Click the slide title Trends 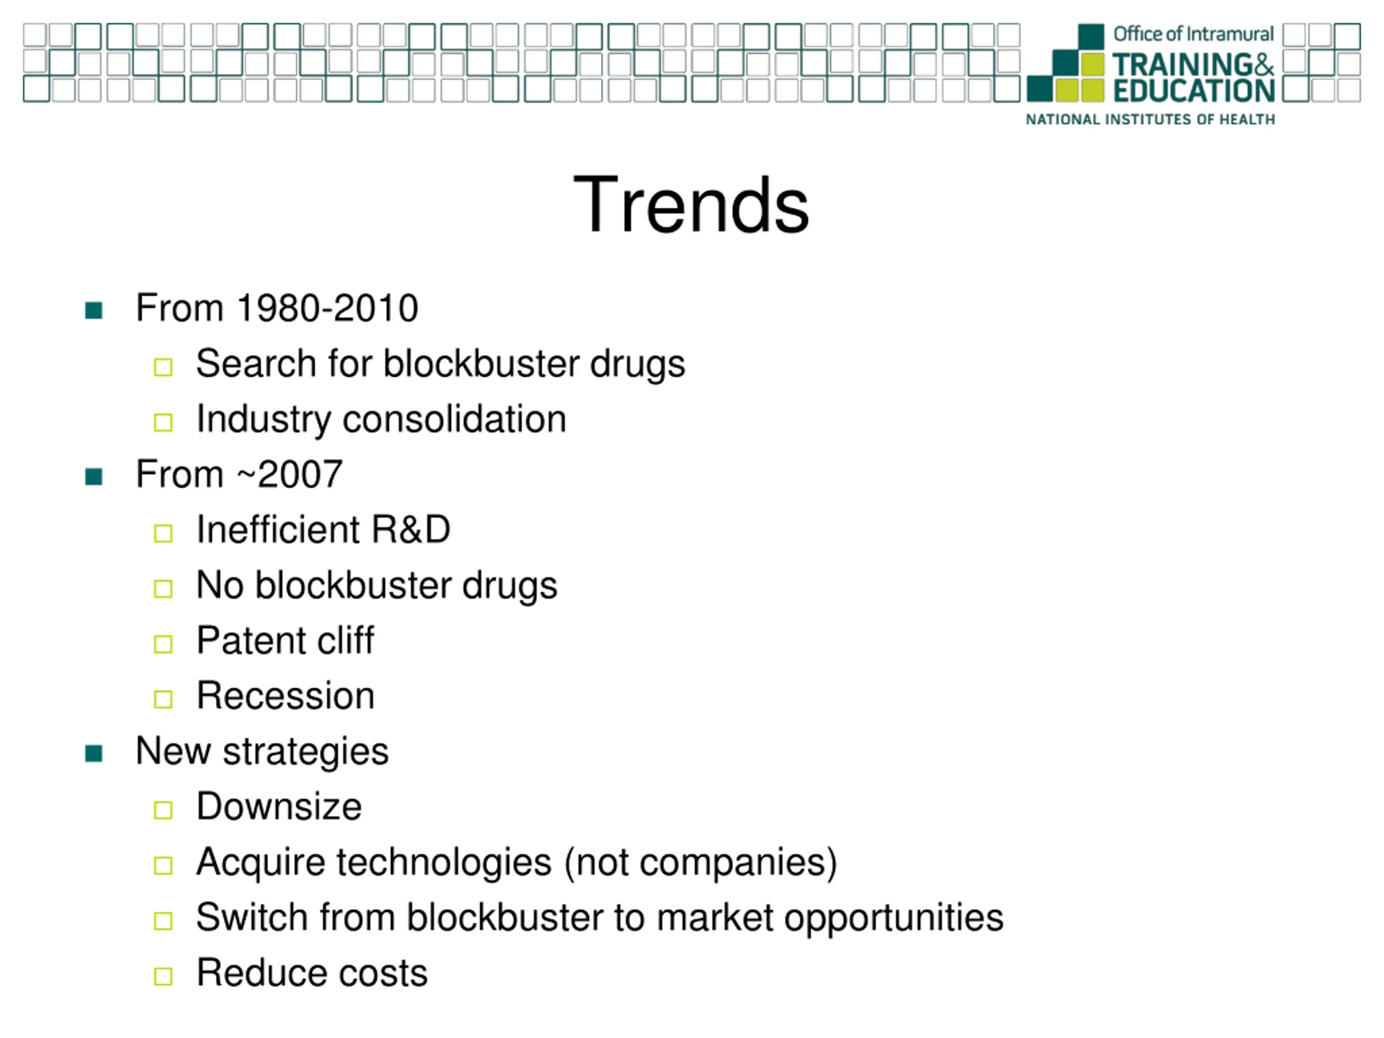(x=691, y=204)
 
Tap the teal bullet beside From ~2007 (x=94, y=477)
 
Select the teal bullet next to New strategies (x=94, y=753)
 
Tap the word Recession (x=286, y=696)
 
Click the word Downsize (x=279, y=806)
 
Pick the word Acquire (x=261, y=863)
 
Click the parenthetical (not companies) (x=701, y=863)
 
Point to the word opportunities (x=894, y=919)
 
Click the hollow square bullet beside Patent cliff (x=163, y=644)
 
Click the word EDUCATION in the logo (x=1194, y=91)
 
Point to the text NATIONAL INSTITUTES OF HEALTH (x=1150, y=119)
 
